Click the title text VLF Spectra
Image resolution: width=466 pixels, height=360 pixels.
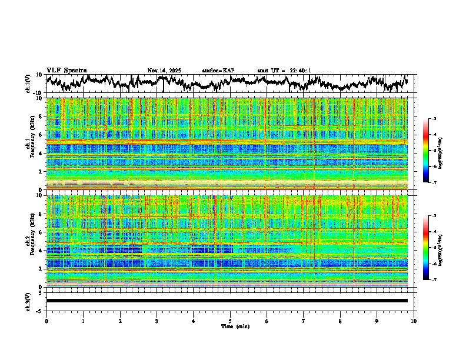[66, 71]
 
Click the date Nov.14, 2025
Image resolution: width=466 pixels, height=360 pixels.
[164, 71]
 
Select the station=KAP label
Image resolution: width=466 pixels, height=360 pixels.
[218, 71]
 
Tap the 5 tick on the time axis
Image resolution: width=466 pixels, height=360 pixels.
[230, 321]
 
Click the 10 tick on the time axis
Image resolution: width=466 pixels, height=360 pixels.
[414, 321]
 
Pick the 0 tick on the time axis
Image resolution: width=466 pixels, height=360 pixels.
[46, 321]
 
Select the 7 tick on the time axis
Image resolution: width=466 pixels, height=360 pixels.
[304, 321]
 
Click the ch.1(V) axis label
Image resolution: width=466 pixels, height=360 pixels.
[28, 84]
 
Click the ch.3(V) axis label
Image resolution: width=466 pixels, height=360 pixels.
[28, 301]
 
